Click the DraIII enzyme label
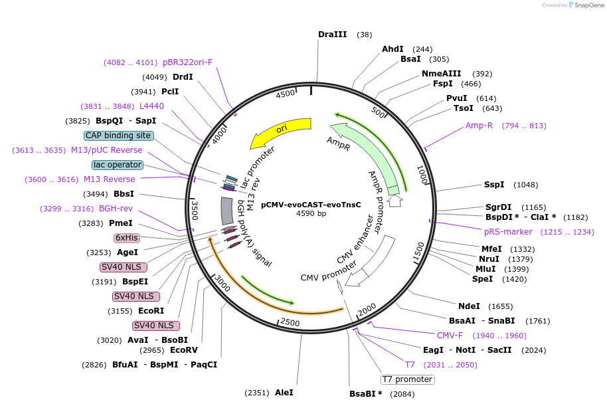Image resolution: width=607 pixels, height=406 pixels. coord(332,34)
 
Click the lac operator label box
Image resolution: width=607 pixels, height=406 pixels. coord(117,164)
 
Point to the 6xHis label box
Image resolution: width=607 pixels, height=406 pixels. coord(126,237)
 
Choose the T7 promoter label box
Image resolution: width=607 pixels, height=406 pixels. coord(408,379)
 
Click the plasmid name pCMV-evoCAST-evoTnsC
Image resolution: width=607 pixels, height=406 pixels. coord(311,205)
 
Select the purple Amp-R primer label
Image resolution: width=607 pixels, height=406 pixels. coord(479,126)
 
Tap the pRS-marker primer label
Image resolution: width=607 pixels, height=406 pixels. coord(508,232)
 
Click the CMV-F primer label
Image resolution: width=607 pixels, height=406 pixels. coord(450,336)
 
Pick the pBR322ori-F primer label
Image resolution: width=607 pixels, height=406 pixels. coord(188,62)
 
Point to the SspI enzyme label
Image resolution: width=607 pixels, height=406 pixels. coord(494,185)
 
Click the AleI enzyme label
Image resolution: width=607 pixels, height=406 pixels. coord(284,393)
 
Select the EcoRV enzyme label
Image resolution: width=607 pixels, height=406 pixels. coord(184,350)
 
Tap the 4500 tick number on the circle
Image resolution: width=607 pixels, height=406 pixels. coord(286,94)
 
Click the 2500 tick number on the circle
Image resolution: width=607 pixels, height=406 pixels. coord(290,322)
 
